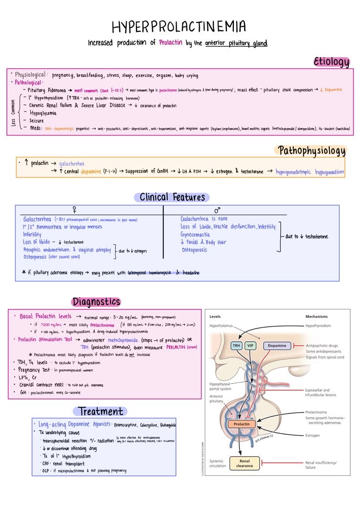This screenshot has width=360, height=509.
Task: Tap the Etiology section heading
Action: point(332,62)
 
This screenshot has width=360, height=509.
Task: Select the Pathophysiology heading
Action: point(312,150)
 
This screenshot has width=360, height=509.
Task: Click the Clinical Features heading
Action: point(172,197)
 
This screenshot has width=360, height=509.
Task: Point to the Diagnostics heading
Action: point(96,302)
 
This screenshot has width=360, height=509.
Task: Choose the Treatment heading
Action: point(101,411)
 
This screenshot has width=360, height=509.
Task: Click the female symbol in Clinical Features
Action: point(74,210)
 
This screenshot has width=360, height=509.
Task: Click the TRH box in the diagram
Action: point(237,346)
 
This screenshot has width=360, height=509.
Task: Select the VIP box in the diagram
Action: point(251,346)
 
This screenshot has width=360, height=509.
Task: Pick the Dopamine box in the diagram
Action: point(277,346)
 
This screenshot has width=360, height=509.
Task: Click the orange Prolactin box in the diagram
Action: point(242,424)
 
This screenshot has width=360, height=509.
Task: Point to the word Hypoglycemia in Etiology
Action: point(44,113)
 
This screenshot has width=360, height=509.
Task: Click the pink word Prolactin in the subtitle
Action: point(171,43)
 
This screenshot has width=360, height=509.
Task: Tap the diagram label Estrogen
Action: point(313,436)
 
